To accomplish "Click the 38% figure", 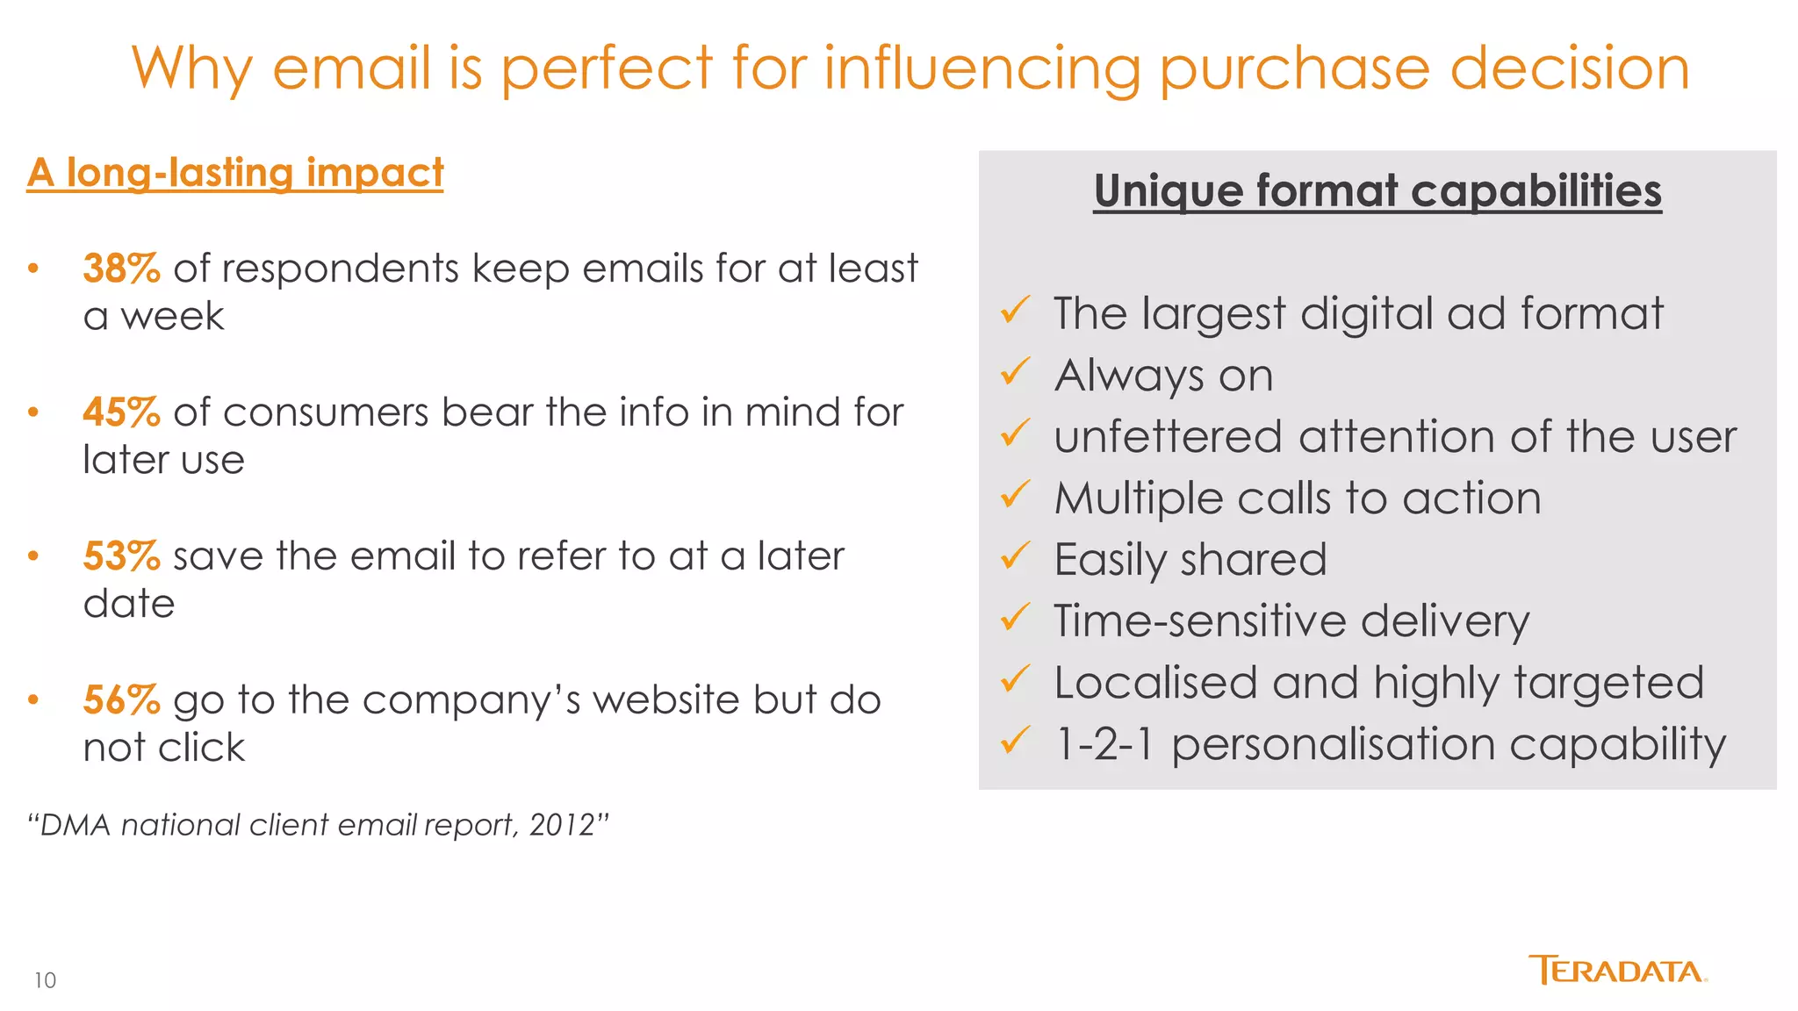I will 121,269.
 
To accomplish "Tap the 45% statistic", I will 121,412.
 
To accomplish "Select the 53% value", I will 121,556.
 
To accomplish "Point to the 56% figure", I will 121,700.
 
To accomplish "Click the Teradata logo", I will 1617,971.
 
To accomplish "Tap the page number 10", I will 45,980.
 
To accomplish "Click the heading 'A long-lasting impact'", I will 235,173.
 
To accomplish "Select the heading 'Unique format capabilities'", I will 1377,190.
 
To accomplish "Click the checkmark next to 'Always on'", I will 1015,373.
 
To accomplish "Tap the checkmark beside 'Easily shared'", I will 1015,556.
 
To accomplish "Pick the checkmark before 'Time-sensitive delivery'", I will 1015,618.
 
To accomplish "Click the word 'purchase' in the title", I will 1295,70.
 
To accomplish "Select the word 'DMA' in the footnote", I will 76,826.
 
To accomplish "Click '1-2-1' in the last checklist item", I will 1104,744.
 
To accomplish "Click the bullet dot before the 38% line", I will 33,269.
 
